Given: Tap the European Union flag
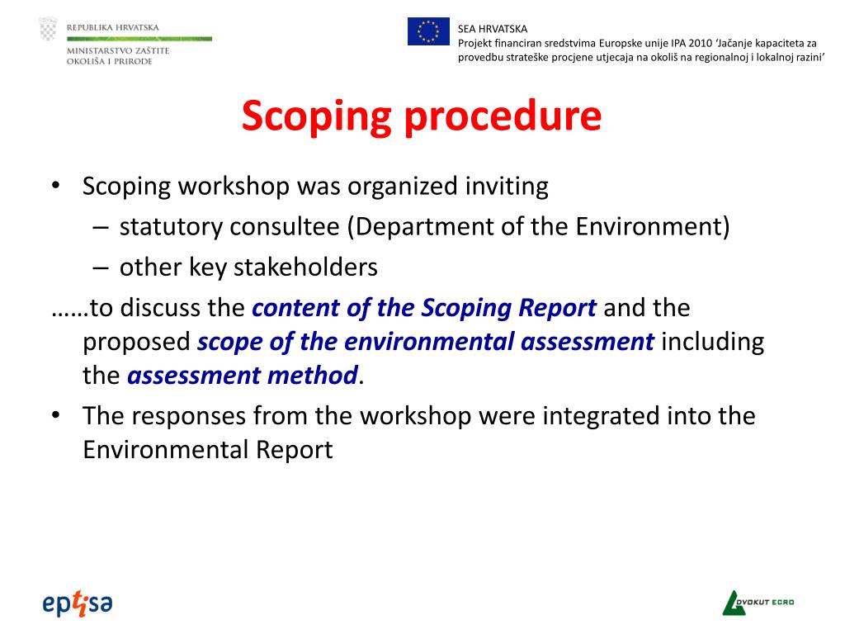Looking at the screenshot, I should click(428, 31).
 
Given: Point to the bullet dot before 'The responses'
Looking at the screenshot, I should click(54, 415).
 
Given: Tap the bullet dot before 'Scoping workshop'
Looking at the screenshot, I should click(54, 187).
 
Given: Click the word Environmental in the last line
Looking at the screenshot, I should click(157, 450).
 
